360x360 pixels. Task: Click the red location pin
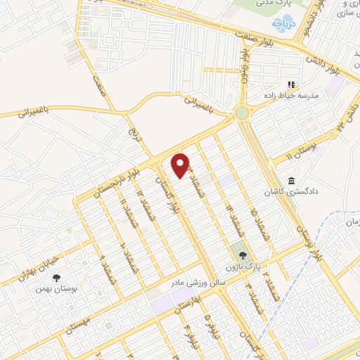pyautogui.click(x=181, y=165)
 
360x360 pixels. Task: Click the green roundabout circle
pyautogui.click(x=242, y=112)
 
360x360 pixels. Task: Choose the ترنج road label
pyautogui.click(x=134, y=129)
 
